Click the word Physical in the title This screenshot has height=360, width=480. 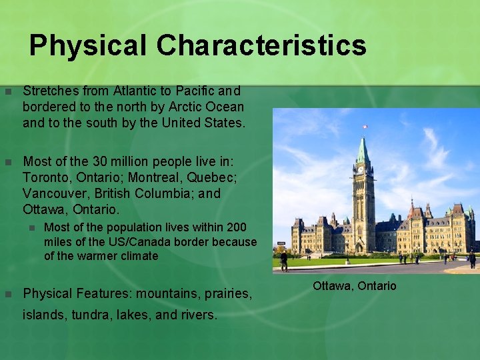click(88, 46)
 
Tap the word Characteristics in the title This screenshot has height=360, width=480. click(261, 46)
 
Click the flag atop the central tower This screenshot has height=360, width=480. click(365, 126)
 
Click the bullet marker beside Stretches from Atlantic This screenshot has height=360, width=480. click(7, 91)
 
